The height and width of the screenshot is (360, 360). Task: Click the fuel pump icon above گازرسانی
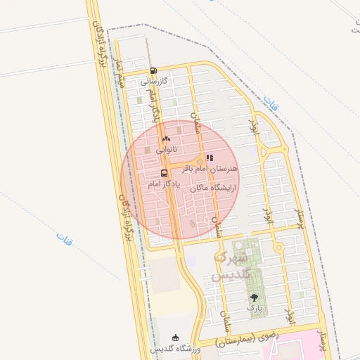tap(154, 70)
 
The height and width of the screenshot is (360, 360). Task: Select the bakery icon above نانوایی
tap(167, 139)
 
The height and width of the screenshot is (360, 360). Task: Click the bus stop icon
tap(164, 173)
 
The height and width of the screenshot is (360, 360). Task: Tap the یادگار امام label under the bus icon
tap(165, 184)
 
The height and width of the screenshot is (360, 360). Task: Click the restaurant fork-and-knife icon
tap(209, 158)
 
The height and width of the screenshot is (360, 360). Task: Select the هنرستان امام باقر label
tap(210, 169)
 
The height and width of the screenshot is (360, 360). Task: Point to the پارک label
tap(254, 308)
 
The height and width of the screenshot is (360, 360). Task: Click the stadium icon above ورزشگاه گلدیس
tap(175, 338)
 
